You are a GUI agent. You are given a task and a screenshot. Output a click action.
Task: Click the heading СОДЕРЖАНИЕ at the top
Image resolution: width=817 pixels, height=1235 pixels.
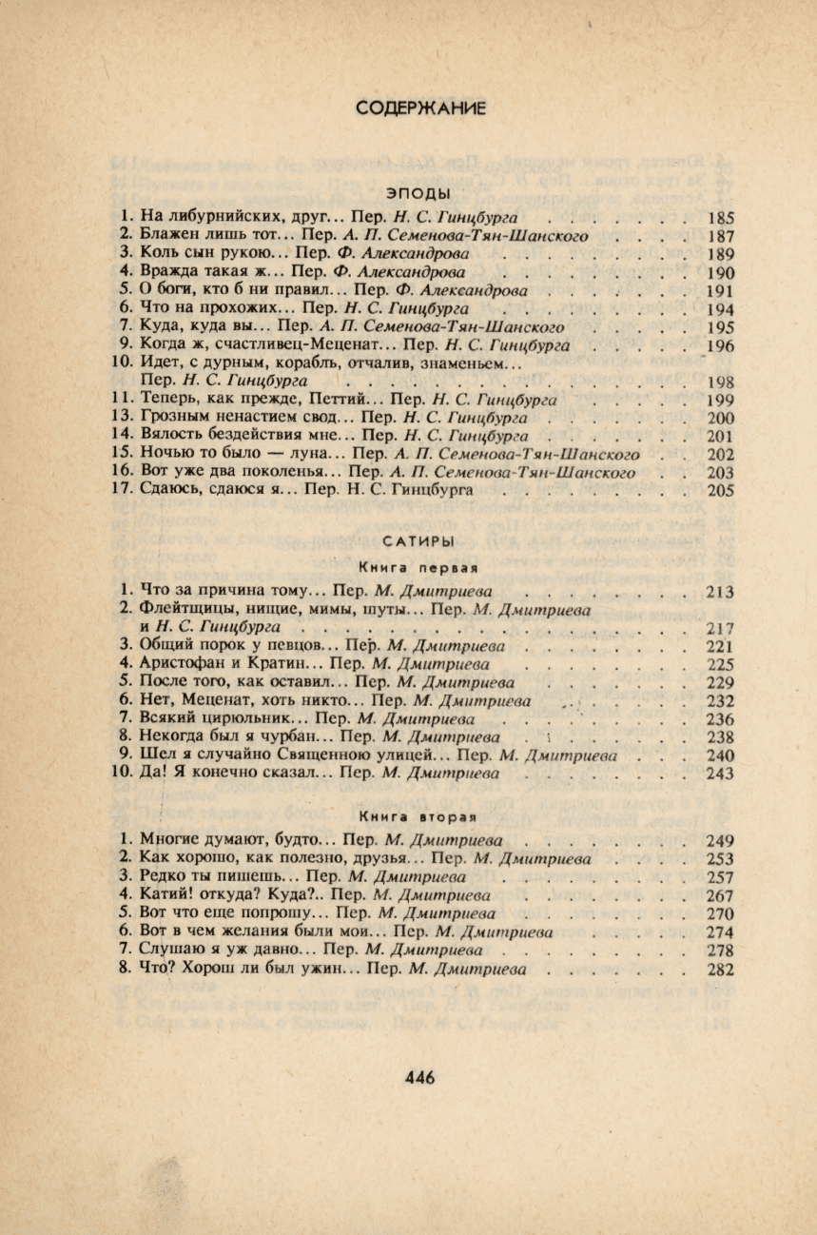tap(420, 108)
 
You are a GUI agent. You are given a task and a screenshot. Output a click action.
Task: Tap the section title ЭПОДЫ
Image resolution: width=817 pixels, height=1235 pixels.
tap(418, 192)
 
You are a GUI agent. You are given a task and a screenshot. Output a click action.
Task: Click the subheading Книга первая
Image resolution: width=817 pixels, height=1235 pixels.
tap(418, 565)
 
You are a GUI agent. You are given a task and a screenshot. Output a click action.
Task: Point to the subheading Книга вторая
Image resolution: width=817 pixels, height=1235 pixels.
tap(418, 816)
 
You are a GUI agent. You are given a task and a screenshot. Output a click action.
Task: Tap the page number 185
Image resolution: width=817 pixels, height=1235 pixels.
tap(721, 217)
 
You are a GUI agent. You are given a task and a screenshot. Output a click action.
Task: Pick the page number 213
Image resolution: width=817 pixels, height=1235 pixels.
tap(721, 592)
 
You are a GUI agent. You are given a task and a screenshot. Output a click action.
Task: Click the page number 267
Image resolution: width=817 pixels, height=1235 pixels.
tap(721, 895)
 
